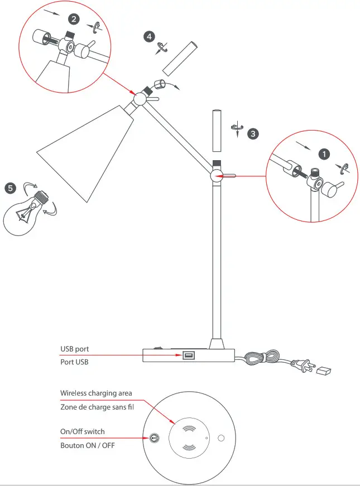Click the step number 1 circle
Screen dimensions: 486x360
pyautogui.click(x=323, y=152)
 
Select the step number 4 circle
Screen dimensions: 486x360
pyautogui.click(x=149, y=37)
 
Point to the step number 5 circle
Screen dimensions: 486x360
pyautogui.click(x=10, y=188)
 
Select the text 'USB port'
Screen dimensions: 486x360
pyautogui.click(x=75, y=349)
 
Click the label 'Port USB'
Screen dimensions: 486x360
pyautogui.click(x=74, y=362)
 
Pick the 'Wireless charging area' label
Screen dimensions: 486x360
pyautogui.click(x=96, y=394)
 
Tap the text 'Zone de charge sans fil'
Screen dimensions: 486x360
pyautogui.click(x=97, y=407)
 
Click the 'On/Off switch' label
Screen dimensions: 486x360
pyautogui.click(x=83, y=431)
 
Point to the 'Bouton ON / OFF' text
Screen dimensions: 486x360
pyautogui.click(x=88, y=445)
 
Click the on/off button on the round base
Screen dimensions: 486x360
pyautogui.click(x=151, y=439)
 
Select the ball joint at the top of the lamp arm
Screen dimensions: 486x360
pyautogui.click(x=140, y=99)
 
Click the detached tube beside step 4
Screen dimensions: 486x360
pyautogui.click(x=178, y=57)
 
